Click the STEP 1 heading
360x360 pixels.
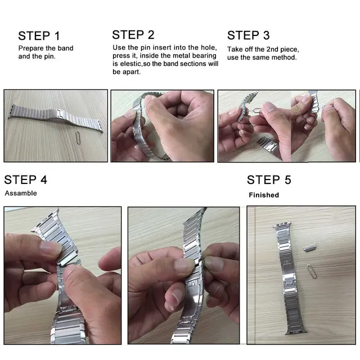point(39,36)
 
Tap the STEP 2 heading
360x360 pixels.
point(133,35)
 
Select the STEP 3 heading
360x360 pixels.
point(249,35)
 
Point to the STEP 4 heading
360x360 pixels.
point(26,180)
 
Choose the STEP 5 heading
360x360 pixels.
point(269,180)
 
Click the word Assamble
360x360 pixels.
point(21,193)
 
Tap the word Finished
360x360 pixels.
point(264,195)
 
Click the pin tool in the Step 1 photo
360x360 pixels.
point(78,136)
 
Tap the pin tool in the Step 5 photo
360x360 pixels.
point(312,270)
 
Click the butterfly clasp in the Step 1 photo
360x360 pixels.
point(58,114)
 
